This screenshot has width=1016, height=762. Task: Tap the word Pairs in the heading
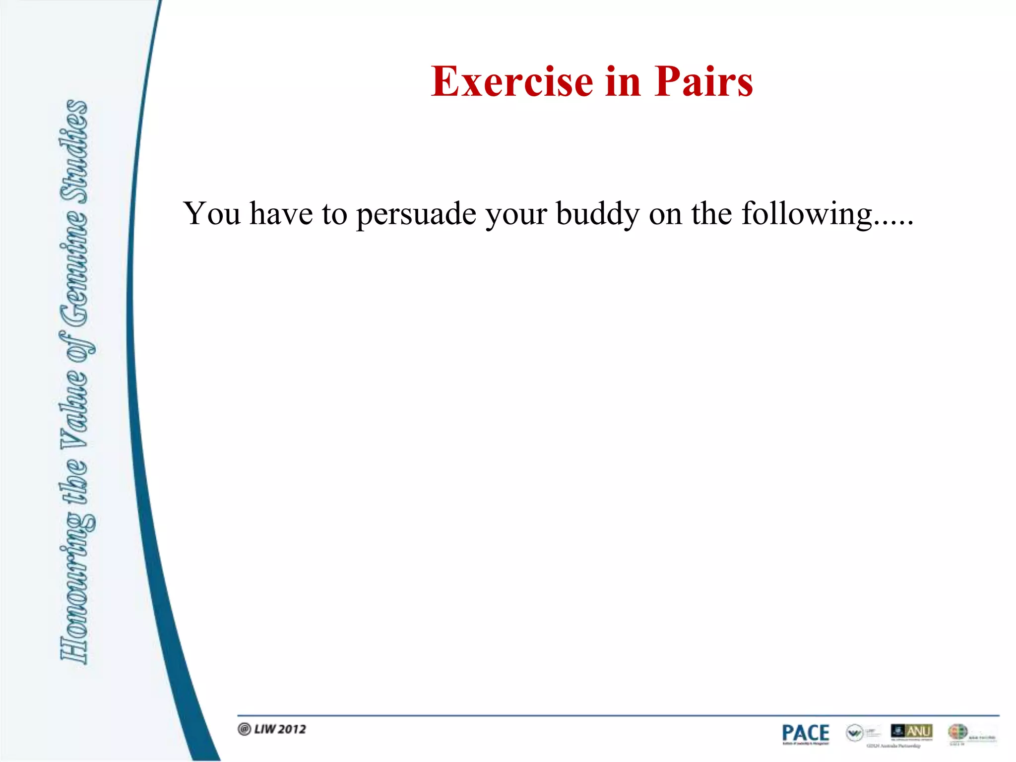click(703, 82)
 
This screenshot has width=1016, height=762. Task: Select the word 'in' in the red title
click(623, 82)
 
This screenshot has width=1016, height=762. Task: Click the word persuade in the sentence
click(416, 214)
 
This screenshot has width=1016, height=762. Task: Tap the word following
click(806, 214)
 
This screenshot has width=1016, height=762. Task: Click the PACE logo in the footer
click(805, 734)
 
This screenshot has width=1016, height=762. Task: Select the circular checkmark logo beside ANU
click(854, 732)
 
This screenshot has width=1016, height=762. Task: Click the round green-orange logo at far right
click(957, 732)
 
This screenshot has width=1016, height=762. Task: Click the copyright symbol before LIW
click(244, 729)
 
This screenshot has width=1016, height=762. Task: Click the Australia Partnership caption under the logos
click(893, 746)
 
